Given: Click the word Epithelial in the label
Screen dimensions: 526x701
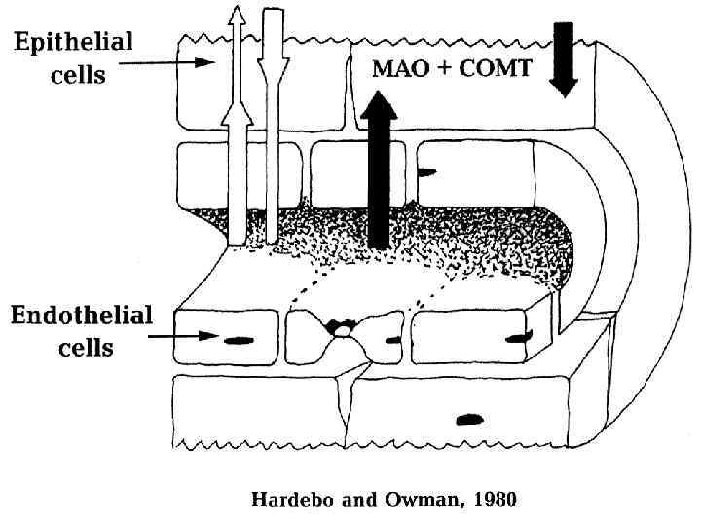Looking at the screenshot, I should tap(74, 43).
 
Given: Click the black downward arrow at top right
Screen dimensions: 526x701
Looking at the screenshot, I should tap(564, 58).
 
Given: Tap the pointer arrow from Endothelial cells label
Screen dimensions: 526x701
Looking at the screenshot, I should tap(175, 336).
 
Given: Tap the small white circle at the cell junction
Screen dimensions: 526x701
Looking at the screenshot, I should tap(344, 332).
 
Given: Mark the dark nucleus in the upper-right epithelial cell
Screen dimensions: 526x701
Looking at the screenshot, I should tap(426, 172).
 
